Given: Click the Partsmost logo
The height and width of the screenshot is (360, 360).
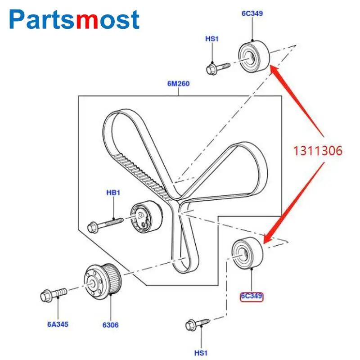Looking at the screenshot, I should [75, 19].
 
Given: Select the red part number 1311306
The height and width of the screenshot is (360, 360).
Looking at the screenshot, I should [318, 151].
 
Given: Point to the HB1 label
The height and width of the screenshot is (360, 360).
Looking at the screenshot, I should [113, 193].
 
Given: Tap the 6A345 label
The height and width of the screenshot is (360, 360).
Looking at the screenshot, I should [58, 324].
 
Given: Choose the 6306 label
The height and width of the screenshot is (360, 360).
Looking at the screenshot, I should [110, 324].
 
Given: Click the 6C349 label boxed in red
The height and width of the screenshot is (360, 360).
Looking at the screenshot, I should [252, 297].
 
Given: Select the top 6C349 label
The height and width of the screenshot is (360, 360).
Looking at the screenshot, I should [252, 13].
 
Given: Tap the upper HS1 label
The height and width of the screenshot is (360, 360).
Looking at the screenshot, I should [212, 39].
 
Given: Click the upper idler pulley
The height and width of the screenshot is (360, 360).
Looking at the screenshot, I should [253, 56].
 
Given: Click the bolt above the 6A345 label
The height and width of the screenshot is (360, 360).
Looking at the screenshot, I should [53, 294].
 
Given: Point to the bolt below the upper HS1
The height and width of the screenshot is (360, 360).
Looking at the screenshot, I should [217, 68].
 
